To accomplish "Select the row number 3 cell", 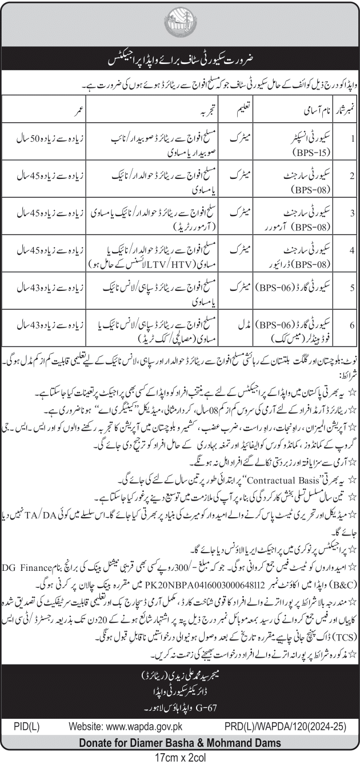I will pyautogui.click(x=353, y=214).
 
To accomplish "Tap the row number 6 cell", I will pyautogui.click(x=353, y=325).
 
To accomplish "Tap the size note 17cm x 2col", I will pyautogui.click(x=179, y=759).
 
